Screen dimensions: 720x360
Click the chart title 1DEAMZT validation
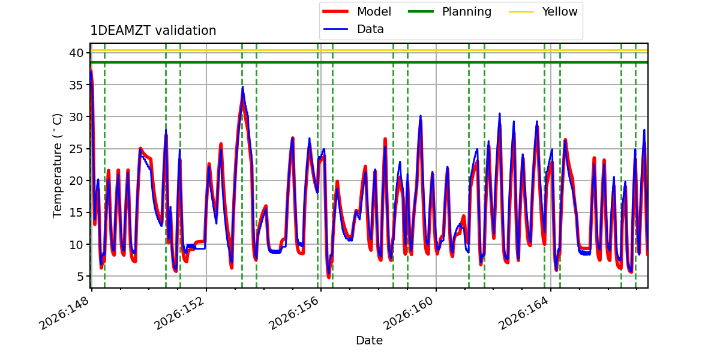point(153,31)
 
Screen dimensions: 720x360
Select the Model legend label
point(374,11)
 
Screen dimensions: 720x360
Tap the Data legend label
point(370,29)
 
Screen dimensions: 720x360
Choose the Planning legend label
point(467,11)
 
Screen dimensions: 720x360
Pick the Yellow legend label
point(560,11)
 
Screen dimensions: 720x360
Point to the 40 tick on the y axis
point(76,53)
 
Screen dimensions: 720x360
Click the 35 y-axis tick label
point(76,85)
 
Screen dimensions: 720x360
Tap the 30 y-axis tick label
point(76,116)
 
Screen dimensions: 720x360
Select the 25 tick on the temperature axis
point(76,149)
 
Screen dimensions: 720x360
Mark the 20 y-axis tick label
point(76,181)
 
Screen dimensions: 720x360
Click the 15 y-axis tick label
point(76,212)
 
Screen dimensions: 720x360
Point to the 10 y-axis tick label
point(76,244)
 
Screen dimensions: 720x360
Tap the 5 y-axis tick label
point(80,276)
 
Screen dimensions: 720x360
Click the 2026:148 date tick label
point(64,313)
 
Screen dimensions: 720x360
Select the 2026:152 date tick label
point(179,313)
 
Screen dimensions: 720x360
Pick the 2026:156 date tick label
point(293,313)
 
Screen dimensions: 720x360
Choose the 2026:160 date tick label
point(409,313)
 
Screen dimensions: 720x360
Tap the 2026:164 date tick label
point(523,313)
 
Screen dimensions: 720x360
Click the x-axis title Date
point(369,340)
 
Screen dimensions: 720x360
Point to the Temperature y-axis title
point(57,166)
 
